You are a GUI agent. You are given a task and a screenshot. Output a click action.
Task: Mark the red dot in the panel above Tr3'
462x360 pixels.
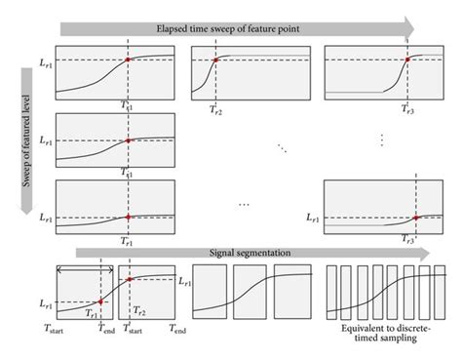coord(416,218)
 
